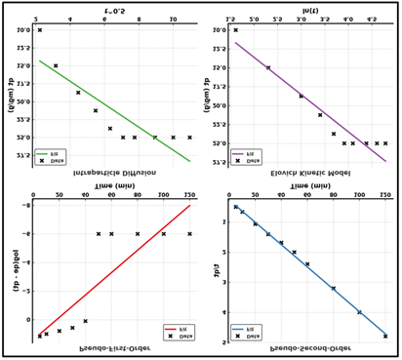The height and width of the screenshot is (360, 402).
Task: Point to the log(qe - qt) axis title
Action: [17, 270]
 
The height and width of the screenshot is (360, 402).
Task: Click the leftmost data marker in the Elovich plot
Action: [235, 30]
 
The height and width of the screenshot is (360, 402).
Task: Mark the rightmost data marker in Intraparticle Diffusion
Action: [189, 138]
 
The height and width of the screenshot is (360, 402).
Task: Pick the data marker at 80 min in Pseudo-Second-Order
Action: [333, 288]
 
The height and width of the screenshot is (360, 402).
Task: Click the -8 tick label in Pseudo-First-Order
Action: [26, 206]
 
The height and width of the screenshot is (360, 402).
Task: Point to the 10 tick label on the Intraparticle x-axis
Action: [173, 20]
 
